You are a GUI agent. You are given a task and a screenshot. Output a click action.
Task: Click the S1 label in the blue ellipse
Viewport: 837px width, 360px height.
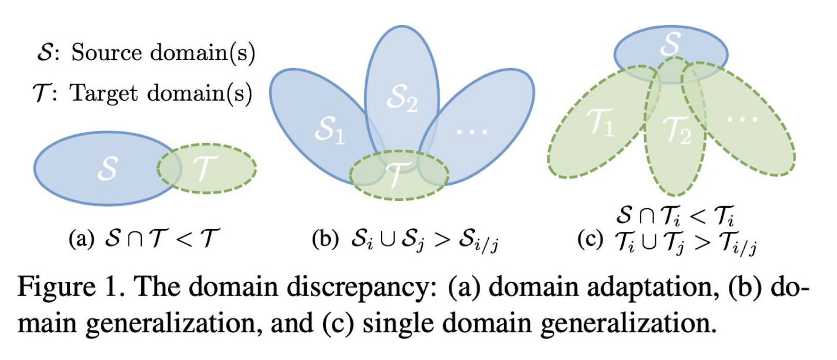pyautogui.click(x=329, y=131)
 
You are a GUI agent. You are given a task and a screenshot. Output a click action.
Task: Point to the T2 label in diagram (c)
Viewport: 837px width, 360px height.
pyautogui.click(x=677, y=130)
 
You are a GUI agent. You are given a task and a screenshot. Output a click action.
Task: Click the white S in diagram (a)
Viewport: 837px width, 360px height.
pyautogui.click(x=108, y=168)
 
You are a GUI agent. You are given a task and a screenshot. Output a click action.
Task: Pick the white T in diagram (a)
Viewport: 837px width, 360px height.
pyautogui.click(x=205, y=167)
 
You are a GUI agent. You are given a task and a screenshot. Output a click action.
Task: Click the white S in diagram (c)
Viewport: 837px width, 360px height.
pyautogui.click(x=670, y=44)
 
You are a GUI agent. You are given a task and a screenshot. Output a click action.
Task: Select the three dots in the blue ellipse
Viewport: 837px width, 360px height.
pyautogui.click(x=472, y=132)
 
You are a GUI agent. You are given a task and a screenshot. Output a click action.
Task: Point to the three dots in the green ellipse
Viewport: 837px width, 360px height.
pyautogui.click(x=742, y=119)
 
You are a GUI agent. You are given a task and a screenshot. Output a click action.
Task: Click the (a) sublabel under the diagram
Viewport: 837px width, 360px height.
pyautogui.click(x=81, y=239)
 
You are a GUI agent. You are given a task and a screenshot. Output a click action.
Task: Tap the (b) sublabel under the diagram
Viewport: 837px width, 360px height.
pyautogui.click(x=325, y=239)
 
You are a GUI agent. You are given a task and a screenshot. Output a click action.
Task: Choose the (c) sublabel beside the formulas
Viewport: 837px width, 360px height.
pyautogui.click(x=590, y=239)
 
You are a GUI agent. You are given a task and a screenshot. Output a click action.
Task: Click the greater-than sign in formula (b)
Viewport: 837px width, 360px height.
pyautogui.click(x=442, y=240)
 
